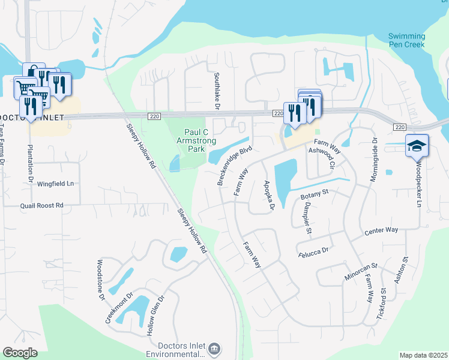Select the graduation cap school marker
pyautogui.click(x=417, y=146)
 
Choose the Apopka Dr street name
pyautogui.click(x=268, y=195)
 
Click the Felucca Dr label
pyautogui.click(x=314, y=253)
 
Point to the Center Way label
pyautogui.click(x=381, y=231)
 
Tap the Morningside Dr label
pyautogui.click(x=373, y=161)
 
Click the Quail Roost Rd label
pyautogui.click(x=42, y=205)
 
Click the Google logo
pyautogui.click(x=20, y=353)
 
